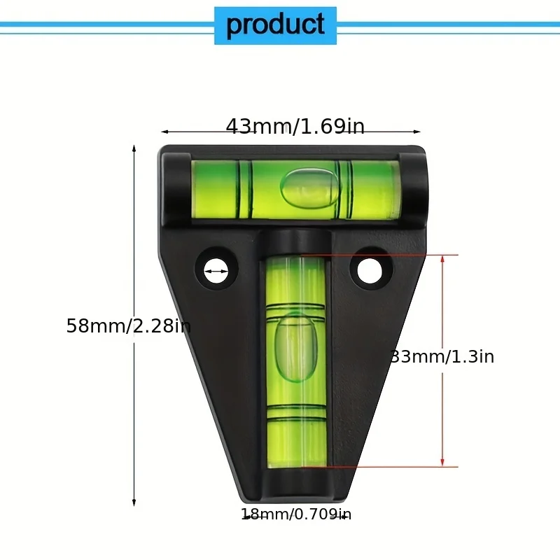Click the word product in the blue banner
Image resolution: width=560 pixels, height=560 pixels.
(x=275, y=25)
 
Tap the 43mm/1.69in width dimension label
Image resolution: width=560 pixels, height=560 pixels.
(x=295, y=127)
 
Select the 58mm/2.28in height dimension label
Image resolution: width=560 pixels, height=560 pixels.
(x=128, y=326)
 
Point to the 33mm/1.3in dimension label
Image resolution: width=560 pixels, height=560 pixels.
(x=442, y=357)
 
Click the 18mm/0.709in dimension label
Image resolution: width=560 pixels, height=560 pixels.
(x=296, y=515)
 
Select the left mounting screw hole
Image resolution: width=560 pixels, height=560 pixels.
(x=216, y=269)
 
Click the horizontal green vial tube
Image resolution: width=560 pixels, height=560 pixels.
(x=295, y=188)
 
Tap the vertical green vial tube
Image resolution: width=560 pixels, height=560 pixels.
(x=296, y=360)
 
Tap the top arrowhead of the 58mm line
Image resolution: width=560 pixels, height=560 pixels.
(x=134, y=149)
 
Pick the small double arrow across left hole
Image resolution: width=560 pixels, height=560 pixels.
(x=216, y=269)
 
